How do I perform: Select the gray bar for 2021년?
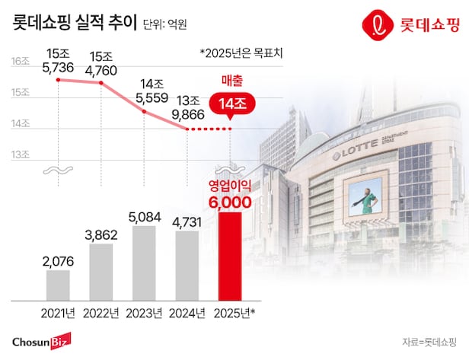58,285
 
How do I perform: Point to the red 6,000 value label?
230,202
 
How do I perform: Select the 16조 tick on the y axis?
21,62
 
